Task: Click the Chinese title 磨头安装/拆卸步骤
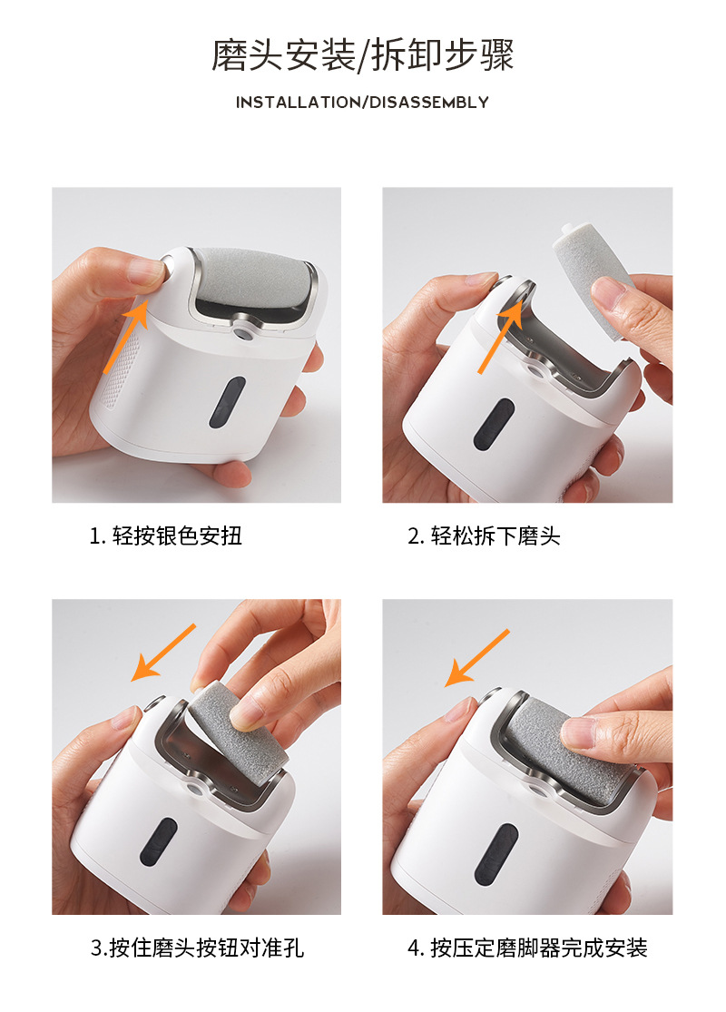pos(362,54)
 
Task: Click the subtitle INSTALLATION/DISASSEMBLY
pos(362,102)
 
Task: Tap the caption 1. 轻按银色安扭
pos(165,535)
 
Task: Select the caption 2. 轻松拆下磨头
pos(484,535)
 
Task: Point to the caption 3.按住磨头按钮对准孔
pos(197,948)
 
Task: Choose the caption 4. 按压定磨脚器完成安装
pos(527,948)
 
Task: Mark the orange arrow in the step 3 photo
pos(163,652)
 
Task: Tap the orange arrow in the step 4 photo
pos(477,658)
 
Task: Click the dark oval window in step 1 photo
pos(227,402)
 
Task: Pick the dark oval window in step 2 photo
pos(494,424)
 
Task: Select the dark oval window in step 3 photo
pos(159,841)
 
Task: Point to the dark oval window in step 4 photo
pos(495,854)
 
